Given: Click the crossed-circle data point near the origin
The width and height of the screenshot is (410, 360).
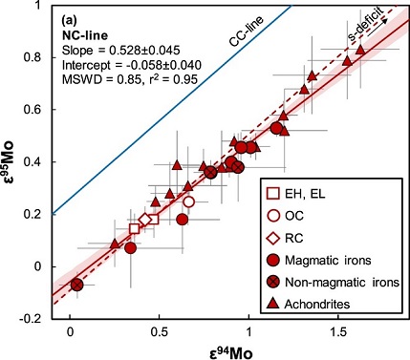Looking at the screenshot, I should (76, 285).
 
